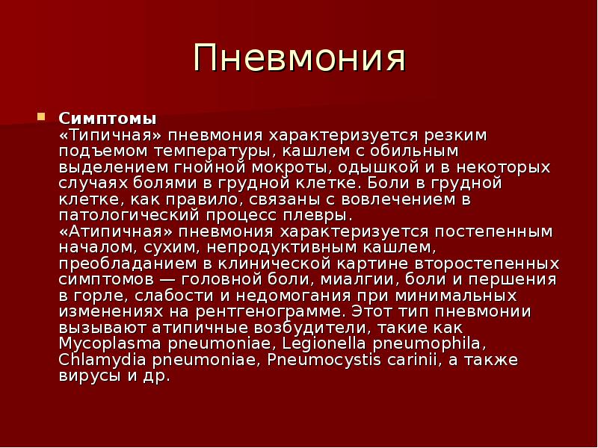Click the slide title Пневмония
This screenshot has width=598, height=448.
click(x=300, y=58)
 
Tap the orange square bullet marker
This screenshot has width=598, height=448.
click(x=41, y=116)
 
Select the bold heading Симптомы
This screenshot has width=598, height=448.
click(x=108, y=119)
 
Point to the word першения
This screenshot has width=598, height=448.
click(x=513, y=280)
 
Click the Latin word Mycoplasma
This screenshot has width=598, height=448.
click(x=110, y=344)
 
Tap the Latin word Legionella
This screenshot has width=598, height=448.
click(x=324, y=344)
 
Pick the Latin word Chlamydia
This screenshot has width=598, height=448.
click(x=102, y=360)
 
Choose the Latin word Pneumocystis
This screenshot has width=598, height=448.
click(x=324, y=360)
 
